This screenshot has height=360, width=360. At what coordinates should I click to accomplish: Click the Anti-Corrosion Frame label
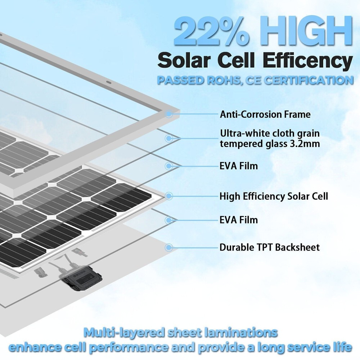coord(265,115)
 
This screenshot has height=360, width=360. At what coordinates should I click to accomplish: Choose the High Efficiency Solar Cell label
coord(274,196)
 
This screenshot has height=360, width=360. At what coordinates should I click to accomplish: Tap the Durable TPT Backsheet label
coord(270,247)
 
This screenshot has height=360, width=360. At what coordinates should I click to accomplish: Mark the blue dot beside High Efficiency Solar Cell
coord(169,196)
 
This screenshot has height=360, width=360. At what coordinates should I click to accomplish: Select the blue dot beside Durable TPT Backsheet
coord(169,247)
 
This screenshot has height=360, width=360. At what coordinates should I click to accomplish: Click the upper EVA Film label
coord(239,166)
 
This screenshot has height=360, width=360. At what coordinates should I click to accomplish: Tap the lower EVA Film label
coord(239,220)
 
